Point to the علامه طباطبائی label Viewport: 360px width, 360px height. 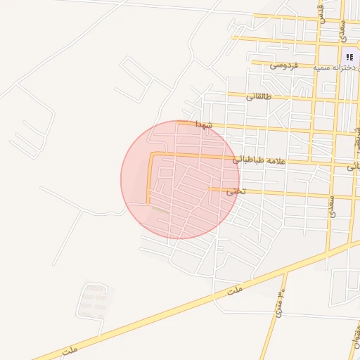coord(261,160)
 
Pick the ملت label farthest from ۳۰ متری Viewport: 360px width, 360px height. coord(69,349)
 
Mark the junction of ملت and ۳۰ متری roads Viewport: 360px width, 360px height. coord(285,271)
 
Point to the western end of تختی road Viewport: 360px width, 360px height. coord(210,189)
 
